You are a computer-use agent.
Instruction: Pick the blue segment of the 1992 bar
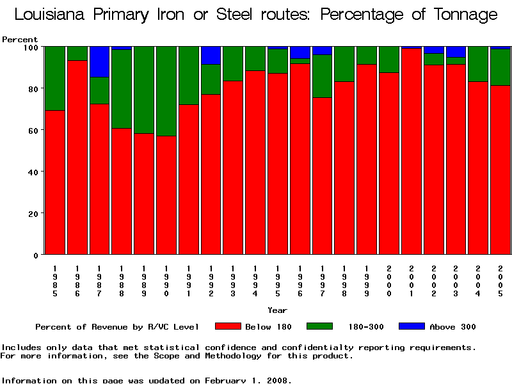pyautogui.click(x=211, y=55)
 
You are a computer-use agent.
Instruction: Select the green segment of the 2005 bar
pyautogui.click(x=500, y=67)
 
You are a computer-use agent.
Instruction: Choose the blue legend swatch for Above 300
pyautogui.click(x=412, y=326)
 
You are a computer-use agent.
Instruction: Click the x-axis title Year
pyautogui.click(x=277, y=310)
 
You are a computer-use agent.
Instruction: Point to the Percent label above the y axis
pyautogui.click(x=20, y=40)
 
